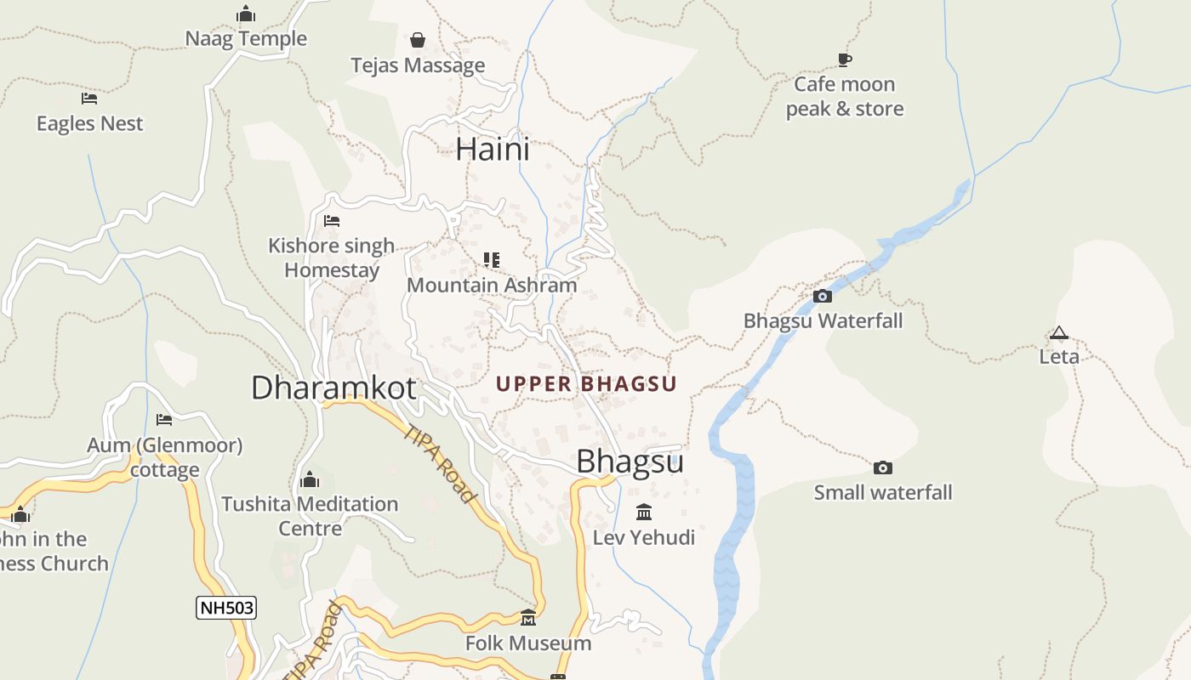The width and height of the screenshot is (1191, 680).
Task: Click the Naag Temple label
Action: pos(246,39)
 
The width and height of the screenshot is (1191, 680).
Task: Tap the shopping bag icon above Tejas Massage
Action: pos(418,40)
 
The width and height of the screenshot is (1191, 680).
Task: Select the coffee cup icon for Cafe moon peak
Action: pos(844,59)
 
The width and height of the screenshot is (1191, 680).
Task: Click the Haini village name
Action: pos(493,150)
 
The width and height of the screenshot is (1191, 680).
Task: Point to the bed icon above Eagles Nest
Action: pos(89,99)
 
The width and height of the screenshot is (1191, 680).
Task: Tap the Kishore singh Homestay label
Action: pos(332,258)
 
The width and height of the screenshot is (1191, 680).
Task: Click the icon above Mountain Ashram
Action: pos(491,259)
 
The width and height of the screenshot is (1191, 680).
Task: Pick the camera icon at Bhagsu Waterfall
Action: pos(822,296)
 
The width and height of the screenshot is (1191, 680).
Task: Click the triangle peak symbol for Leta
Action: pos(1058,332)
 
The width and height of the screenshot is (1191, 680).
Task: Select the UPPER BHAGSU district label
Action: pos(586,384)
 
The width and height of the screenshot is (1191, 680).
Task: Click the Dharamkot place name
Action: pos(333,388)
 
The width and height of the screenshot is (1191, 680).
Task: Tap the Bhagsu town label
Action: pos(630,462)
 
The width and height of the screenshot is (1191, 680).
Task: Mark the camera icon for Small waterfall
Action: pos(883,467)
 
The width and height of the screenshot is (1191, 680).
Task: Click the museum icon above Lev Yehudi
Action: pos(644,513)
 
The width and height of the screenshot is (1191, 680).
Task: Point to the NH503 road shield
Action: pos(226,608)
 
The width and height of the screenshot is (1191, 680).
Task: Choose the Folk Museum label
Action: pos(528,643)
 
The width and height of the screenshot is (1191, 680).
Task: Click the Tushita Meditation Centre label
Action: pos(310,516)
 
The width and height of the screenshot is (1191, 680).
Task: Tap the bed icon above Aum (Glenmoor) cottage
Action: pos(164,420)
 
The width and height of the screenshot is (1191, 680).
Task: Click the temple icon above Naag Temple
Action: pos(246,14)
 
